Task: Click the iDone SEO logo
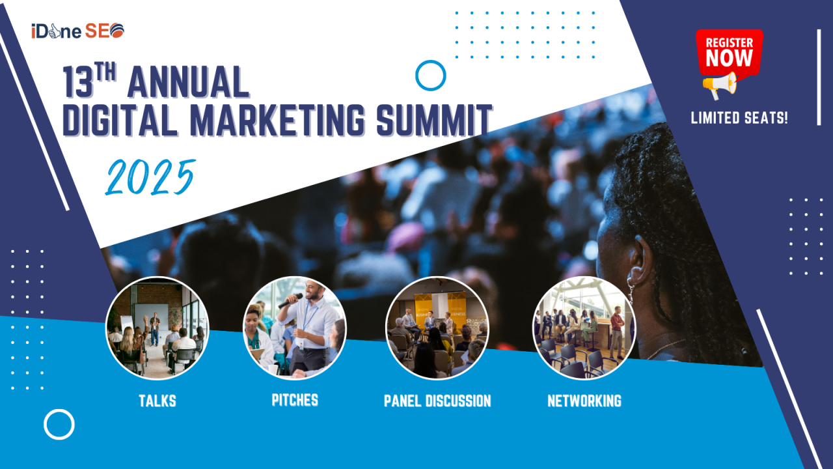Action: (x=77, y=31)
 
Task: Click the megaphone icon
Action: (x=720, y=85)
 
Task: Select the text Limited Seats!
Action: (x=739, y=119)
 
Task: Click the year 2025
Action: (x=150, y=177)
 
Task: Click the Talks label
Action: (x=157, y=401)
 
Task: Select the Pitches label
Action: (x=295, y=400)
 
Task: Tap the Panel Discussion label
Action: (x=437, y=401)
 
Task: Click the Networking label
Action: (x=584, y=401)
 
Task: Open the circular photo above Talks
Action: (x=157, y=328)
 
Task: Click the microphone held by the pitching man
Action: (x=290, y=300)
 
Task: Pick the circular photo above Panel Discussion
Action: (x=437, y=328)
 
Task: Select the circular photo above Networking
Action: (x=584, y=328)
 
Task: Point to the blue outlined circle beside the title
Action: (x=430, y=76)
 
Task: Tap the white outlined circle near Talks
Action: (x=59, y=424)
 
